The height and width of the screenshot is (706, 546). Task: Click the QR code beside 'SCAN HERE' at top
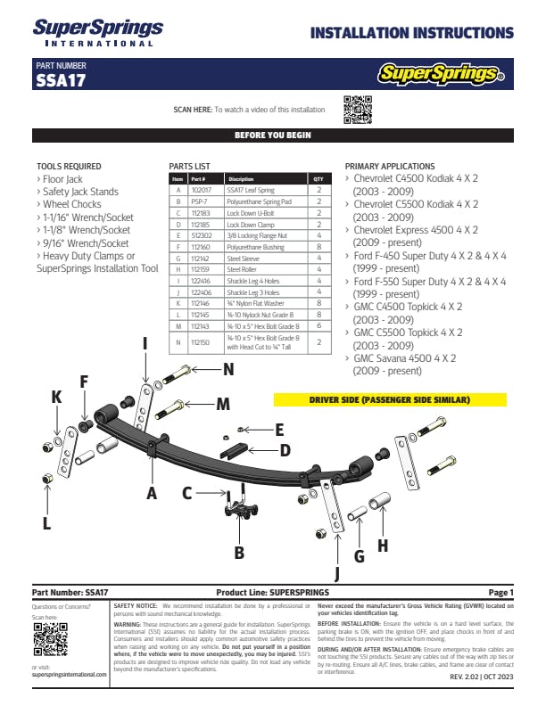(357, 109)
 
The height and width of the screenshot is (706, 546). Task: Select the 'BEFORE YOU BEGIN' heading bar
(272, 135)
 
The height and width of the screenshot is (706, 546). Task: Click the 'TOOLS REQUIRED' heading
(69, 167)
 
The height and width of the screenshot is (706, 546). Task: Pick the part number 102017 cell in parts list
(201, 191)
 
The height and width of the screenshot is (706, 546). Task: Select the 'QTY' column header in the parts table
(318, 179)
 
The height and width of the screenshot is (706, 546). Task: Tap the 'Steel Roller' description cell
(242, 269)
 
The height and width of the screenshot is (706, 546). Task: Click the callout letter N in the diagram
(228, 368)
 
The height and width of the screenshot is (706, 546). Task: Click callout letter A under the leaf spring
(151, 491)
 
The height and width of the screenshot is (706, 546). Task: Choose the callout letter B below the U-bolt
(239, 553)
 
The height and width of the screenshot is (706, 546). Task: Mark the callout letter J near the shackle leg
(337, 573)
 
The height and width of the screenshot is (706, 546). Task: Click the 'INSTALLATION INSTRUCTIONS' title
(411, 34)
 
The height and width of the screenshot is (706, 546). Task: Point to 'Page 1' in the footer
(500, 593)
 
